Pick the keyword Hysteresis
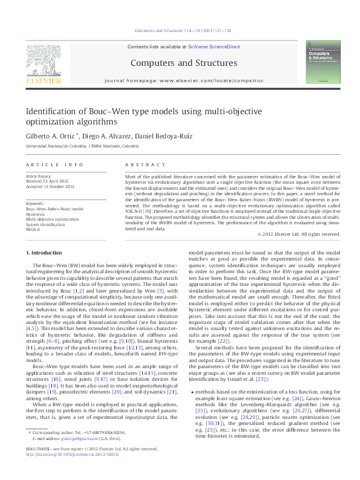click(x=36, y=214)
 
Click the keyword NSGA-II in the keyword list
click(x=33, y=229)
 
